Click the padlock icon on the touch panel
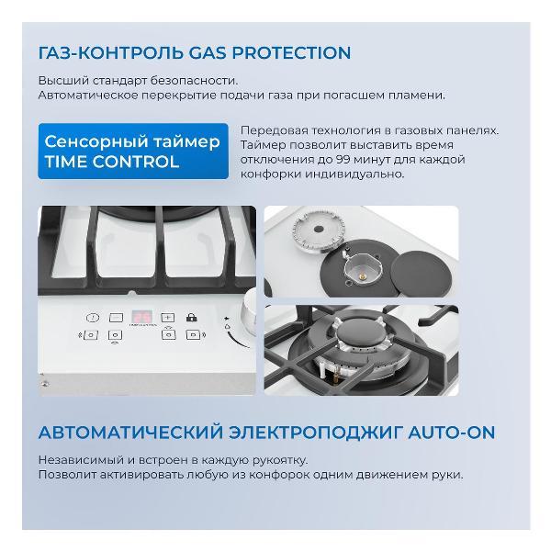pos(192,318)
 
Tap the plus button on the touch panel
pos(168,318)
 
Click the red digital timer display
pos(142,317)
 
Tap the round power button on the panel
pos(93,318)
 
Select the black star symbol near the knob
pos(227,319)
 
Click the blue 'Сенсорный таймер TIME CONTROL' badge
pos(133,152)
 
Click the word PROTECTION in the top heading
pos(291,52)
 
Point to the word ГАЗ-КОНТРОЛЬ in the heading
pos(111,52)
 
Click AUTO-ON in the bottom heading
pos(452,433)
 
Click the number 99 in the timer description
pos(343,160)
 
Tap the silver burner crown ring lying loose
pos(319,231)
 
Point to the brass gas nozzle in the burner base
pos(364,276)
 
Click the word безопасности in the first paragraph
pos(194,81)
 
